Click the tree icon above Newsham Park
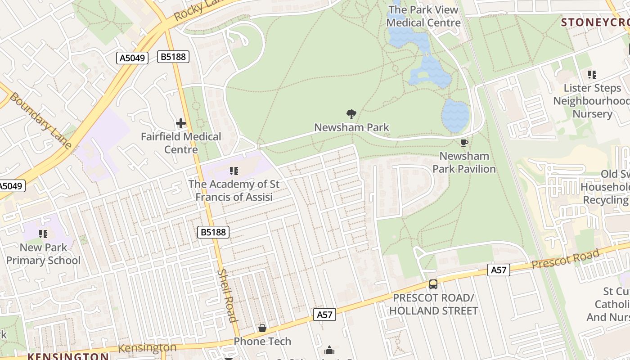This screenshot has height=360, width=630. (351, 114)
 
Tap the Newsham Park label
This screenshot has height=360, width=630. (351, 127)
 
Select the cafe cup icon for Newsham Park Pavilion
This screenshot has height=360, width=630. (464, 143)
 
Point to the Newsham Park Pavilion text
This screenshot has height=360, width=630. (464, 162)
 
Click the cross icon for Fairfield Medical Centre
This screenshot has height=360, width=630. (181, 123)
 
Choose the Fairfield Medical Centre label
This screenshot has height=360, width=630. (181, 143)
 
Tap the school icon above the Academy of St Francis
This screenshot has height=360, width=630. (234, 171)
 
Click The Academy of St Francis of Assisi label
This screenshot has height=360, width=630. (234, 190)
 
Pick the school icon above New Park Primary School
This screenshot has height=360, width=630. (43, 234)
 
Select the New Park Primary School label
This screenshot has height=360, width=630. (43, 254)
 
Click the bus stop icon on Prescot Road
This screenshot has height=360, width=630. (433, 284)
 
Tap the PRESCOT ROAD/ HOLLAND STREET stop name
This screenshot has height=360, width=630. (433, 305)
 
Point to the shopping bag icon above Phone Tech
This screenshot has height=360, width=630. (262, 328)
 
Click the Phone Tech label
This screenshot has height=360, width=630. (262, 341)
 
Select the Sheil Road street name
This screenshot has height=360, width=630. (226, 296)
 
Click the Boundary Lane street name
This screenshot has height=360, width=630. (40, 121)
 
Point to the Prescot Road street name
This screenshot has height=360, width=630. (566, 259)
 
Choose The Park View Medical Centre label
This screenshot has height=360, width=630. (423, 16)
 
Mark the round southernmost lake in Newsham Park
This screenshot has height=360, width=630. (455, 116)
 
